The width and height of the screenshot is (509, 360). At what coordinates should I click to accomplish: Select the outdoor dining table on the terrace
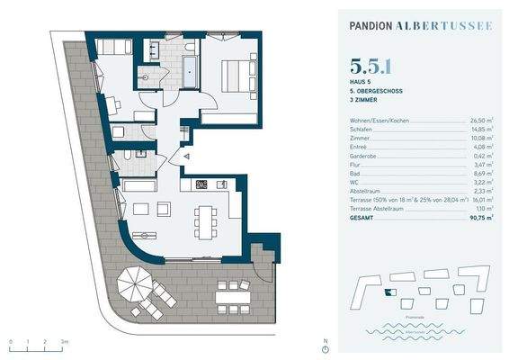click(234, 292)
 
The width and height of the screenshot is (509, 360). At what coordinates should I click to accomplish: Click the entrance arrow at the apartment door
click(185, 156)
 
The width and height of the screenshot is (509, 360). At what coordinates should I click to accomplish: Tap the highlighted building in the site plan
click(388, 292)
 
